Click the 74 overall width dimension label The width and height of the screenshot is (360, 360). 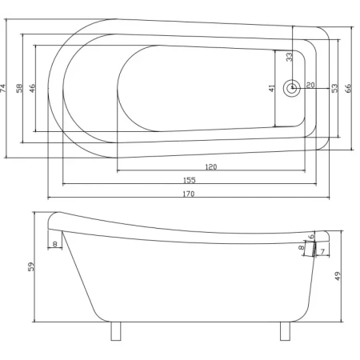coord(3,88)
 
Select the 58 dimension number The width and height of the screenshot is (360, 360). coord(20,88)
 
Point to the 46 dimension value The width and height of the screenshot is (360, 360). coord(32,88)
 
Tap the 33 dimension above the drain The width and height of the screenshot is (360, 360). coord(289,57)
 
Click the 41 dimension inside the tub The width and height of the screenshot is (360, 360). coord(271,88)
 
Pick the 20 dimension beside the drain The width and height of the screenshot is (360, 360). coord(310,85)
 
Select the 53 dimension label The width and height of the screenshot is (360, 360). coord(334,88)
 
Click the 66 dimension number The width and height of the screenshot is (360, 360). coord(348,88)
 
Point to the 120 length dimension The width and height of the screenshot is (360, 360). coord(211,167)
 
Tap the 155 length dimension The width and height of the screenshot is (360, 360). coord(190,180)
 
